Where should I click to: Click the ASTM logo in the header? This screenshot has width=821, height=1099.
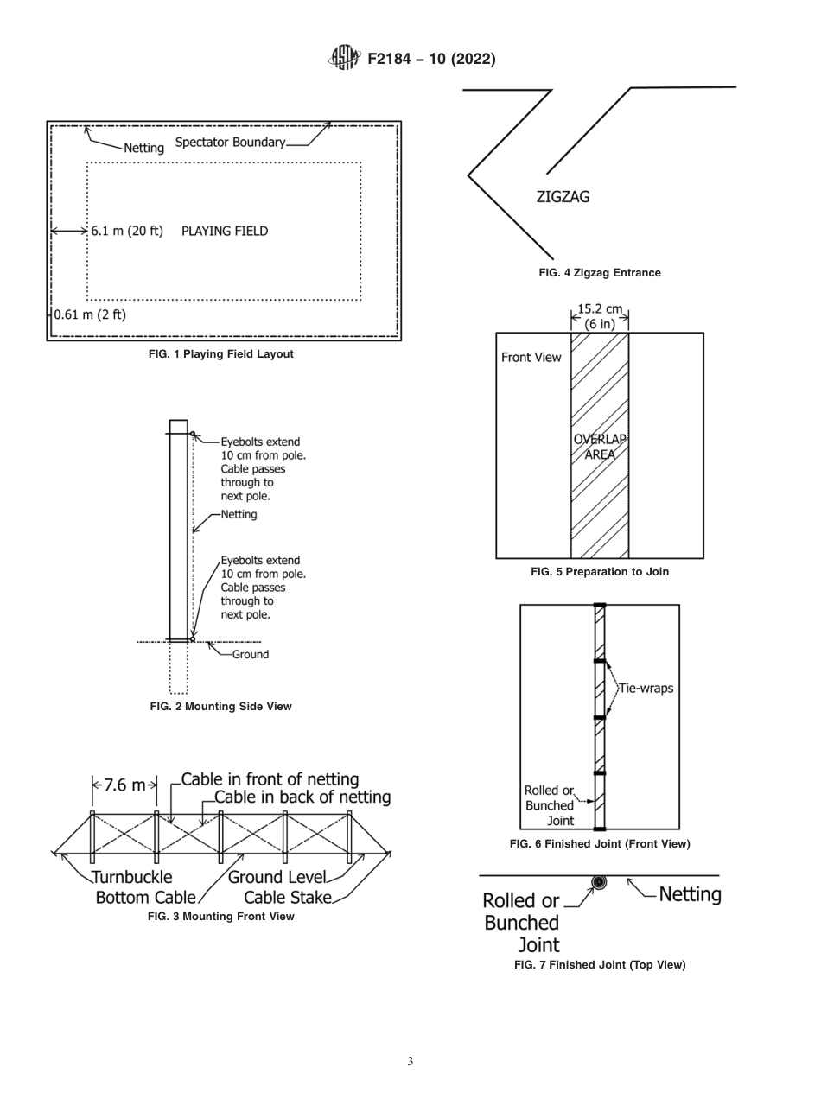coord(344,59)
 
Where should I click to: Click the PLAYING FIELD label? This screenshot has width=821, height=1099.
coord(225,232)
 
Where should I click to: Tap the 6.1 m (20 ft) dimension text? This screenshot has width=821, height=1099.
coord(127,232)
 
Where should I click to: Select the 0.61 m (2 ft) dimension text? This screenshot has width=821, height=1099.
coord(90,314)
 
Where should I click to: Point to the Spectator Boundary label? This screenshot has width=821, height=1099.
coord(230,143)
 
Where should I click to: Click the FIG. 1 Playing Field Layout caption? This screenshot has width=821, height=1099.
coord(221,354)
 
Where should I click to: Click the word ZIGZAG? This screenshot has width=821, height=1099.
coord(563,197)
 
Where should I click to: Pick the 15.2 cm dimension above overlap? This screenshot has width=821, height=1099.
coord(600,309)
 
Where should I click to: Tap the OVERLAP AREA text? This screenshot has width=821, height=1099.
coord(600,447)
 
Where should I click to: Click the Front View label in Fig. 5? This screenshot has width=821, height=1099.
coord(531,358)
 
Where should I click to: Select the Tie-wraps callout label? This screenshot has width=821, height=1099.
coord(646,689)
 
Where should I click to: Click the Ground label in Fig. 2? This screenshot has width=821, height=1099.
coord(251,655)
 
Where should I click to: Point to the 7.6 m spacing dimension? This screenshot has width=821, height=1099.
coord(124,785)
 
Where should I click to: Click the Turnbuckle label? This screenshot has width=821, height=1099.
coord(132,878)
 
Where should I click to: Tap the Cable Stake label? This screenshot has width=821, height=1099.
coord(288,898)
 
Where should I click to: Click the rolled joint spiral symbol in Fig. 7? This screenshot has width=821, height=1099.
coord(598,882)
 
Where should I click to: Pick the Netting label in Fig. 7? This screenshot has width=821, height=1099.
coord(690,894)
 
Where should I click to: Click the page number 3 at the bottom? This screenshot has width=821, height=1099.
coord(410,1062)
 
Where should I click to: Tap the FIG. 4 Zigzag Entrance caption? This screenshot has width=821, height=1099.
coord(600,273)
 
